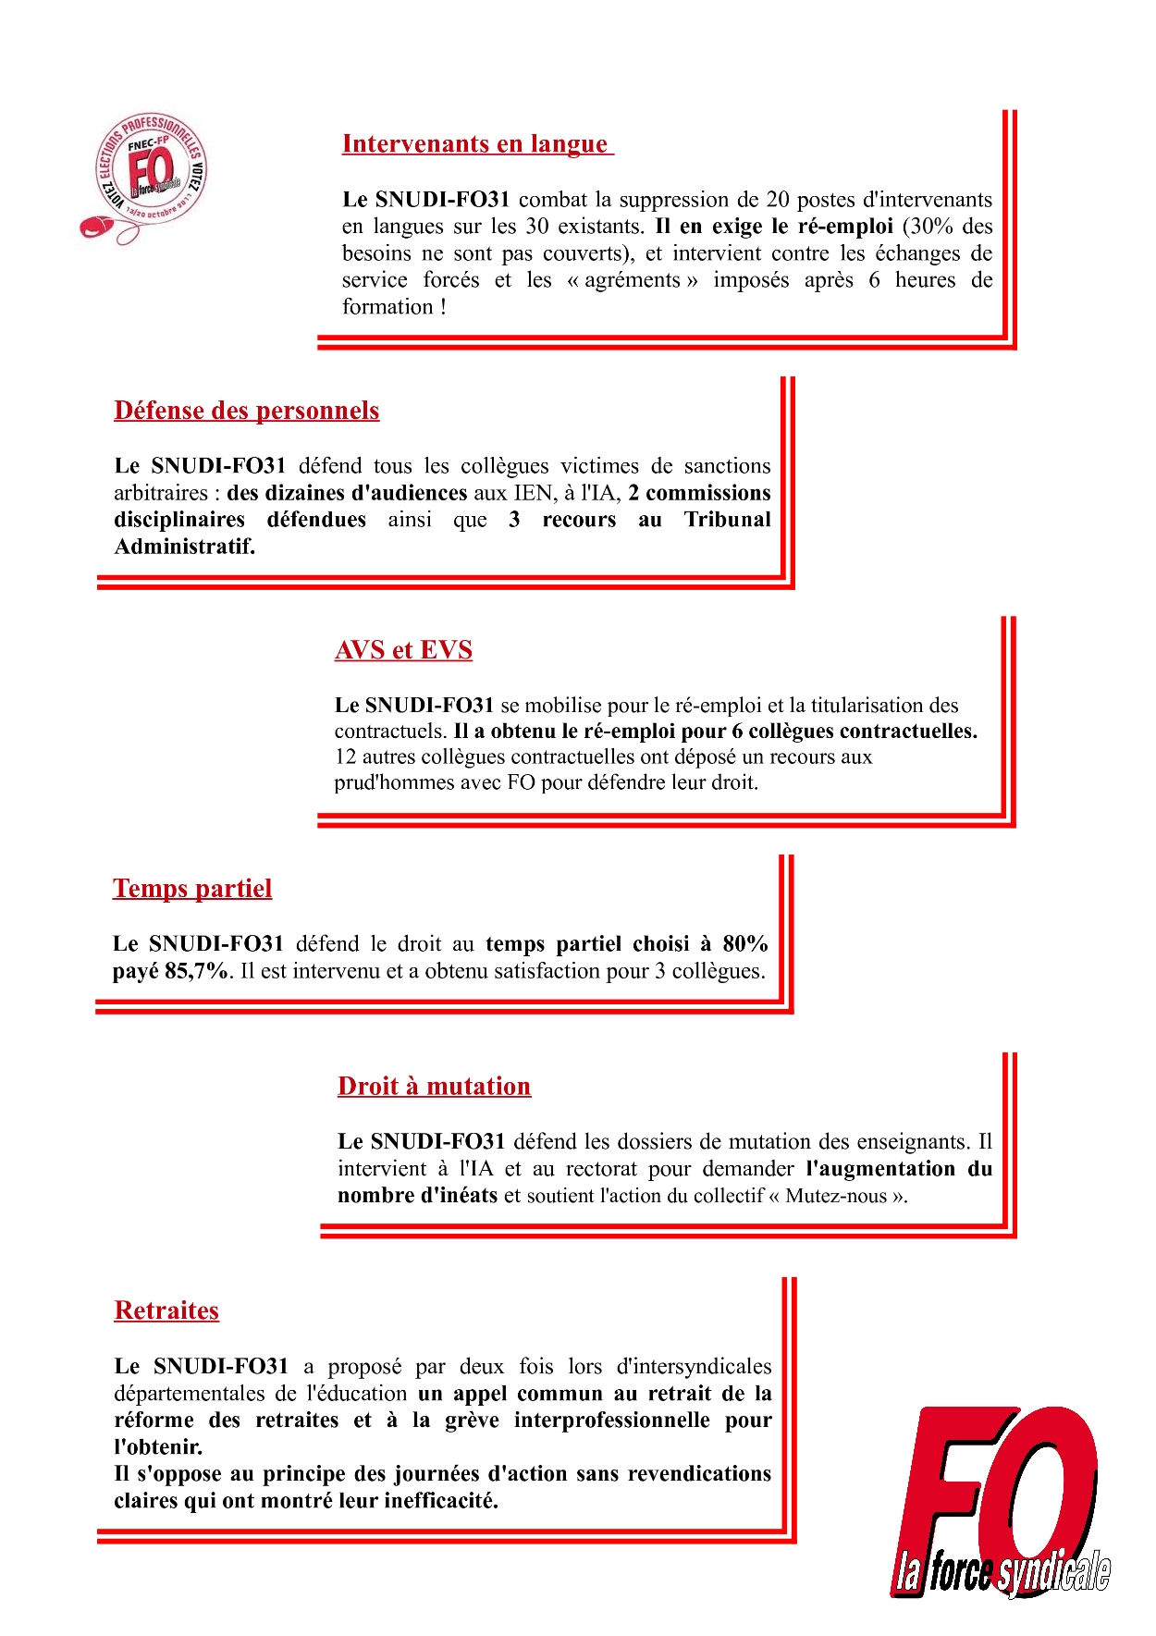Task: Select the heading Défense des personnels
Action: [247, 411]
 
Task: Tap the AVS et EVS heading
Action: [403, 650]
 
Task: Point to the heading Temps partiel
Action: [192, 889]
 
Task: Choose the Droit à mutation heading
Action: [434, 1086]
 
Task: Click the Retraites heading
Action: [166, 1310]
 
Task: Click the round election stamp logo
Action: [148, 176]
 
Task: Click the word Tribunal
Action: [727, 520]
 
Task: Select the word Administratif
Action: [184, 547]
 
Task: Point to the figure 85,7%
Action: [196, 971]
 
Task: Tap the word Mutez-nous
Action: [837, 1196]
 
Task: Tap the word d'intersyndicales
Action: [694, 1367]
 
